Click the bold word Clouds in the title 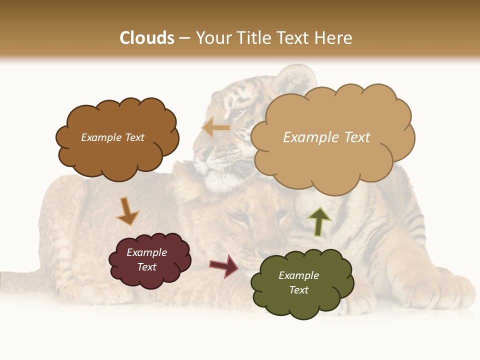[x=147, y=38]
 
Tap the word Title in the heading [x=254, y=38]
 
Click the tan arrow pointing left [x=216, y=128]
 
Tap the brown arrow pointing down [x=126, y=210]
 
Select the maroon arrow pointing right [x=224, y=265]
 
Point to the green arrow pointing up [x=318, y=221]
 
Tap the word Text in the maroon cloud [x=147, y=267]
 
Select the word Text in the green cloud [x=298, y=290]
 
